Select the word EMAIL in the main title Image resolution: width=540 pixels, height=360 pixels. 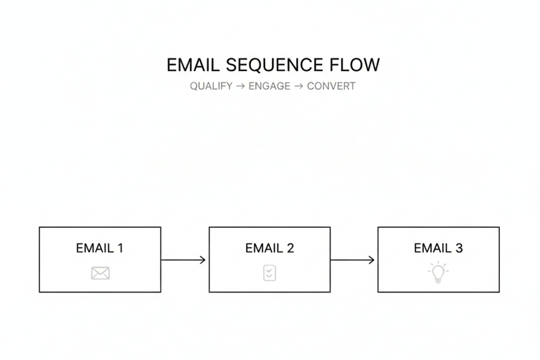click(193, 65)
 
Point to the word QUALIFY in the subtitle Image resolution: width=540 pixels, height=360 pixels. click(211, 86)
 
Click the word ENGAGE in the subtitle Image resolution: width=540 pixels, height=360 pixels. click(269, 86)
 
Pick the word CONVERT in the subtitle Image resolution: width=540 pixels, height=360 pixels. click(331, 86)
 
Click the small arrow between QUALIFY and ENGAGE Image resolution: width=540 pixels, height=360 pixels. click(240, 86)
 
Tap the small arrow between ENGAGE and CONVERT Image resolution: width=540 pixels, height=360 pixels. click(299, 86)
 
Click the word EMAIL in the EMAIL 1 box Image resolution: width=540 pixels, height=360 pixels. click(94, 248)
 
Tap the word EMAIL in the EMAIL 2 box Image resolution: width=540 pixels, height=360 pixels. click(263, 248)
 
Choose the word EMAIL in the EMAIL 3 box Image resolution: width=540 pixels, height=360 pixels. click(432, 248)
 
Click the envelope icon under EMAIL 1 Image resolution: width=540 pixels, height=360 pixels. click(100, 273)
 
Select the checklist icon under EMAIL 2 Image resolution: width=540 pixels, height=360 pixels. click(269, 273)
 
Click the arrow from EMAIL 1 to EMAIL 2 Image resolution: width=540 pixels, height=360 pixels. click(184, 260)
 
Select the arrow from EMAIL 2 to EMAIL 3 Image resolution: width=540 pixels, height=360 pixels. click(353, 260)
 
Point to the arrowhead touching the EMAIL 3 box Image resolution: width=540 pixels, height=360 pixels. click(372, 260)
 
